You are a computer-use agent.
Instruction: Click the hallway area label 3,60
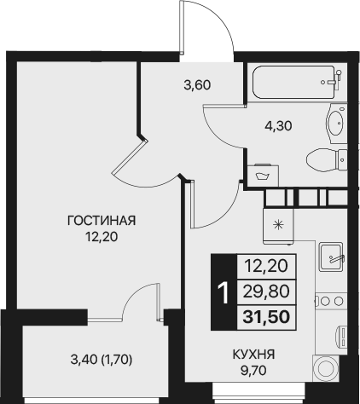coord(197,84)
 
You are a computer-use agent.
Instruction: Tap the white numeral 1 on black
coord(224,294)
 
